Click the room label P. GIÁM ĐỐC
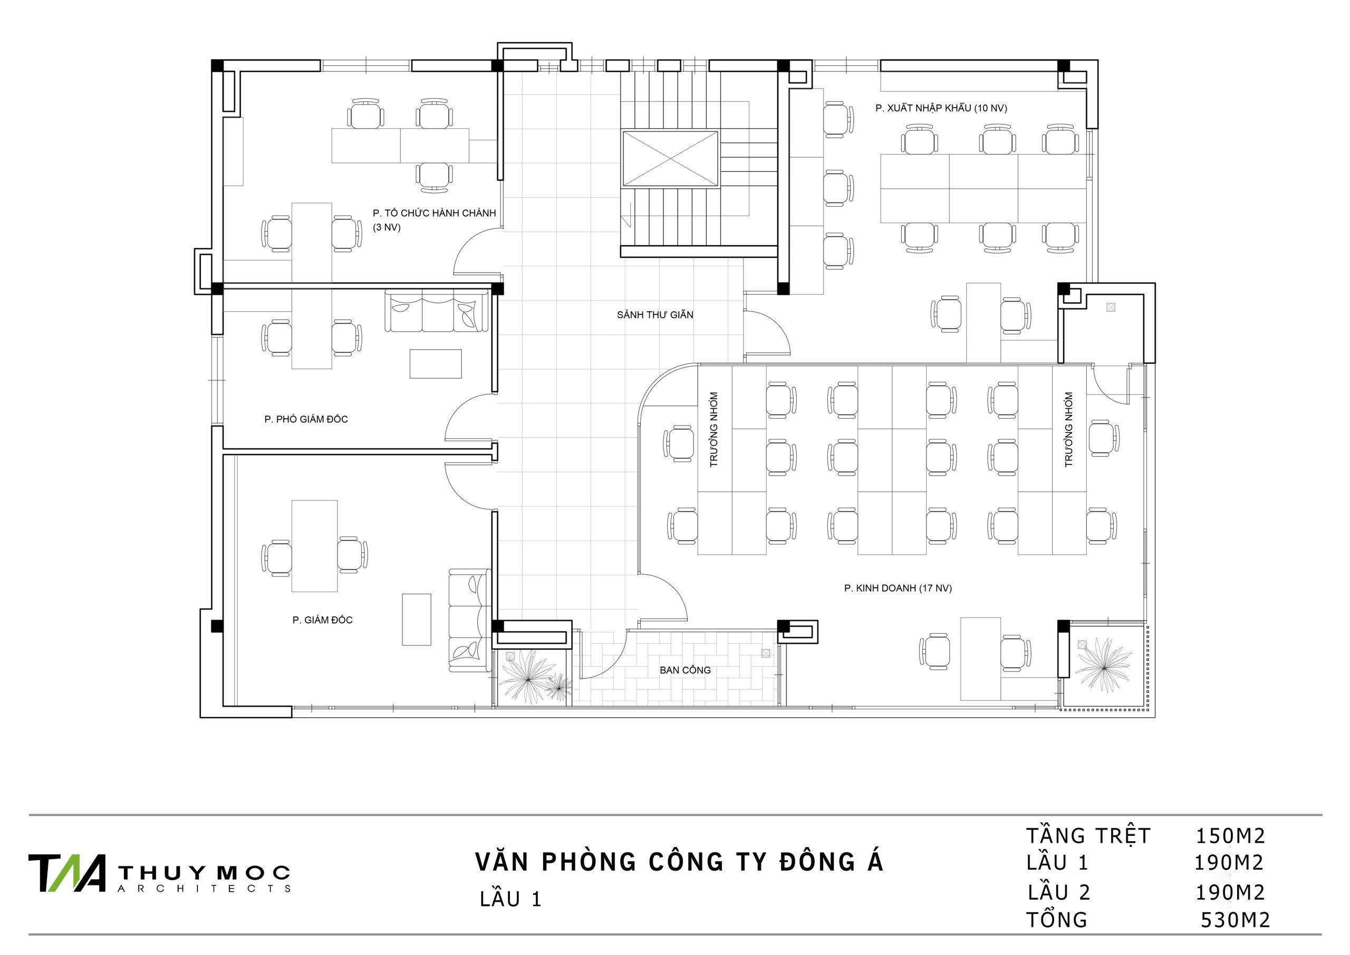click(x=322, y=620)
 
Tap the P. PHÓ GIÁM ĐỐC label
click(x=306, y=419)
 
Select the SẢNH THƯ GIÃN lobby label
click(x=655, y=315)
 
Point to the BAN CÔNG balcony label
click(x=685, y=670)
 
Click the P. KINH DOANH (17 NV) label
click(x=898, y=588)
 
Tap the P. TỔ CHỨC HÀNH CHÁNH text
click(x=435, y=213)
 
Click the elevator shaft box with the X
click(x=670, y=159)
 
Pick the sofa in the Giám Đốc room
click(x=469, y=620)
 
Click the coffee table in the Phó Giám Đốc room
click(x=436, y=363)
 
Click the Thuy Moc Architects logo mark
click(x=67, y=873)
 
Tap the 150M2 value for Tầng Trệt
click(x=1230, y=835)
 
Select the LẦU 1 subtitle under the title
click(x=510, y=899)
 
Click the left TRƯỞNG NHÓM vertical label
click(x=714, y=430)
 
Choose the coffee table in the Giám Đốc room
click(x=416, y=619)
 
